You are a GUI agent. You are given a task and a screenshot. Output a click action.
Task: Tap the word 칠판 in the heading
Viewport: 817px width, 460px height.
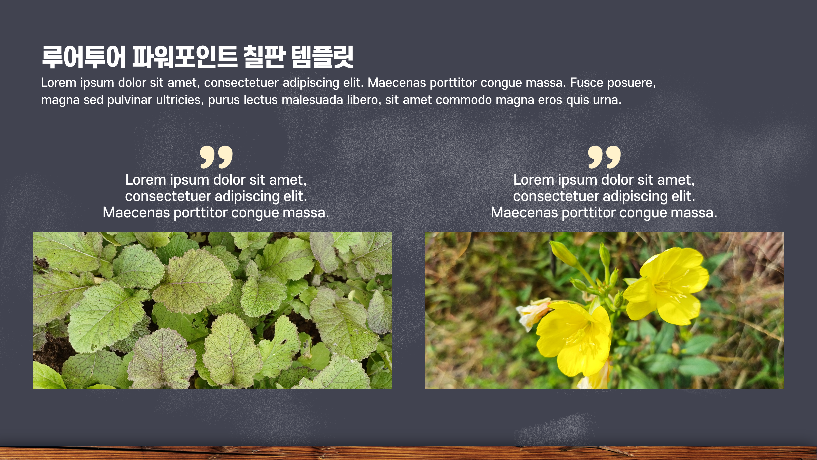point(264,57)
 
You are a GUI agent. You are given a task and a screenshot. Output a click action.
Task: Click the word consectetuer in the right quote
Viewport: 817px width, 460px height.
point(556,196)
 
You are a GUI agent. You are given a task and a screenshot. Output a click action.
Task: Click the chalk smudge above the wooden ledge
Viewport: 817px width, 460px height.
point(552,429)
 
